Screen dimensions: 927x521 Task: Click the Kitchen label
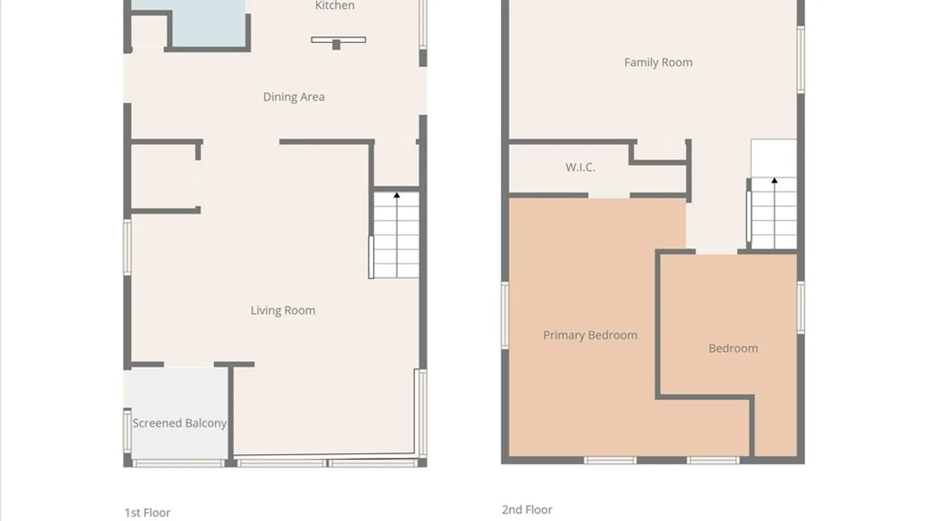click(335, 5)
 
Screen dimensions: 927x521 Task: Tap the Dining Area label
click(294, 97)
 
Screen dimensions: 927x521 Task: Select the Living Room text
click(283, 311)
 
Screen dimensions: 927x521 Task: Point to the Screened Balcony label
click(180, 423)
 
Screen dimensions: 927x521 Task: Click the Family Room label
click(658, 63)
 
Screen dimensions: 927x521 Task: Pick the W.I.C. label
click(580, 167)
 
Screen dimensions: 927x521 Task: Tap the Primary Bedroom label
click(590, 335)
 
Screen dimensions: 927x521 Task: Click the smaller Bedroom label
click(733, 348)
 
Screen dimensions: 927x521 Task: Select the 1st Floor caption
click(147, 512)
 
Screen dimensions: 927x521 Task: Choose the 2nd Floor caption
click(527, 509)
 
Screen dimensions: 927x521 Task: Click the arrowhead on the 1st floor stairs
click(397, 195)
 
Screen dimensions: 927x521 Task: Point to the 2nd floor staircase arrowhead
click(774, 180)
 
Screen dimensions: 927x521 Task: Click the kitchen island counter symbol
click(338, 42)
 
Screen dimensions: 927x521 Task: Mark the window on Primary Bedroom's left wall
click(505, 315)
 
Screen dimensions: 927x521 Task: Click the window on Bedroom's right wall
click(801, 308)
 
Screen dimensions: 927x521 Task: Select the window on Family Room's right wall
click(801, 60)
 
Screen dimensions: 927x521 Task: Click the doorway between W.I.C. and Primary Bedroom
click(609, 195)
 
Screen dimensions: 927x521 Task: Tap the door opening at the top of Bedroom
click(716, 251)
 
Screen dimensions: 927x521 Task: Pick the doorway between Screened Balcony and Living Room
click(189, 364)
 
